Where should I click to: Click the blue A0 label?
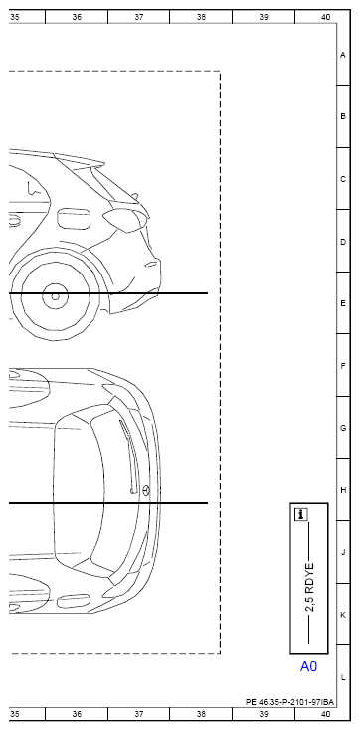pyautogui.click(x=308, y=666)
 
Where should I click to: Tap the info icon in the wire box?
pyautogui.click(x=301, y=515)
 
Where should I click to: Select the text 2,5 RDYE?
pyautogui.click(x=309, y=588)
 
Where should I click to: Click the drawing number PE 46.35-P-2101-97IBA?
pyautogui.click(x=289, y=702)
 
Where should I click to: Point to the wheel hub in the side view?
pyautogui.click(x=55, y=296)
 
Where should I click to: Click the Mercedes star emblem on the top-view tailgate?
pyautogui.click(x=146, y=490)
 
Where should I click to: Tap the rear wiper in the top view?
pyautogui.click(x=128, y=456)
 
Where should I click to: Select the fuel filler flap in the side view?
pyautogui.click(x=74, y=219)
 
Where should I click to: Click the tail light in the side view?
pyautogui.click(x=124, y=220)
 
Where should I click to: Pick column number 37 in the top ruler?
pyautogui.click(x=139, y=17)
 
